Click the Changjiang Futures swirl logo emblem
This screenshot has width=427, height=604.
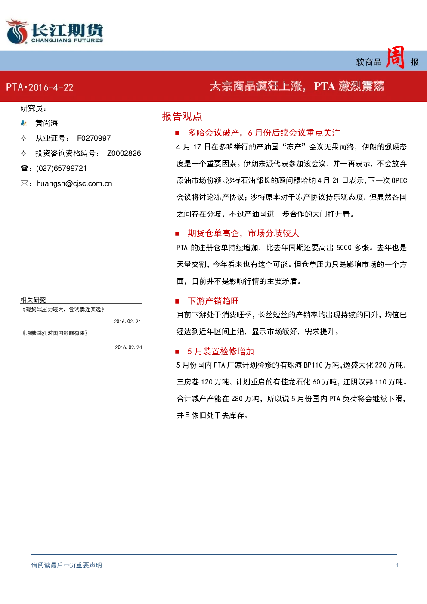(x=17, y=31)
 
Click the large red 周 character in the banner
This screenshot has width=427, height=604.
(x=396, y=57)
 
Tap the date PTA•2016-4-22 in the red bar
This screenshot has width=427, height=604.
(x=40, y=87)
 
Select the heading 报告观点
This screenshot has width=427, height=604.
(x=182, y=116)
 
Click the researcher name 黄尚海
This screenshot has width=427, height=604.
(x=46, y=123)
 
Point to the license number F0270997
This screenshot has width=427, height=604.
(x=94, y=138)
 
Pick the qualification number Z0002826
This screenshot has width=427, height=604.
(x=124, y=153)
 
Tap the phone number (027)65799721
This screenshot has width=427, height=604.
(x=62, y=168)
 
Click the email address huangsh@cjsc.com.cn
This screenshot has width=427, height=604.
(x=74, y=184)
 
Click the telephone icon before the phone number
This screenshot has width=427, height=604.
(x=24, y=168)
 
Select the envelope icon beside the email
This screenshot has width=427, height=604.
(x=24, y=183)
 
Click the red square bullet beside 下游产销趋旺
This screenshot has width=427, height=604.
(x=177, y=301)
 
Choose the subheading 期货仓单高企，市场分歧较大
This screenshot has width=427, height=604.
(x=244, y=233)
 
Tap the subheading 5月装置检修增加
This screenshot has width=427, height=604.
(x=221, y=351)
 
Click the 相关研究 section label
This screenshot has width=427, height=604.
(x=33, y=300)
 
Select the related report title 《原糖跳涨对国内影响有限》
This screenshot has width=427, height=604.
(x=55, y=333)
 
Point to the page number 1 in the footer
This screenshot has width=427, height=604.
(x=397, y=565)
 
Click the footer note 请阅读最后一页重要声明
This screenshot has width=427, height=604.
(x=67, y=565)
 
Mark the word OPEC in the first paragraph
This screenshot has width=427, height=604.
(x=399, y=180)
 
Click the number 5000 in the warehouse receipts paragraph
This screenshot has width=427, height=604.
(x=344, y=248)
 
